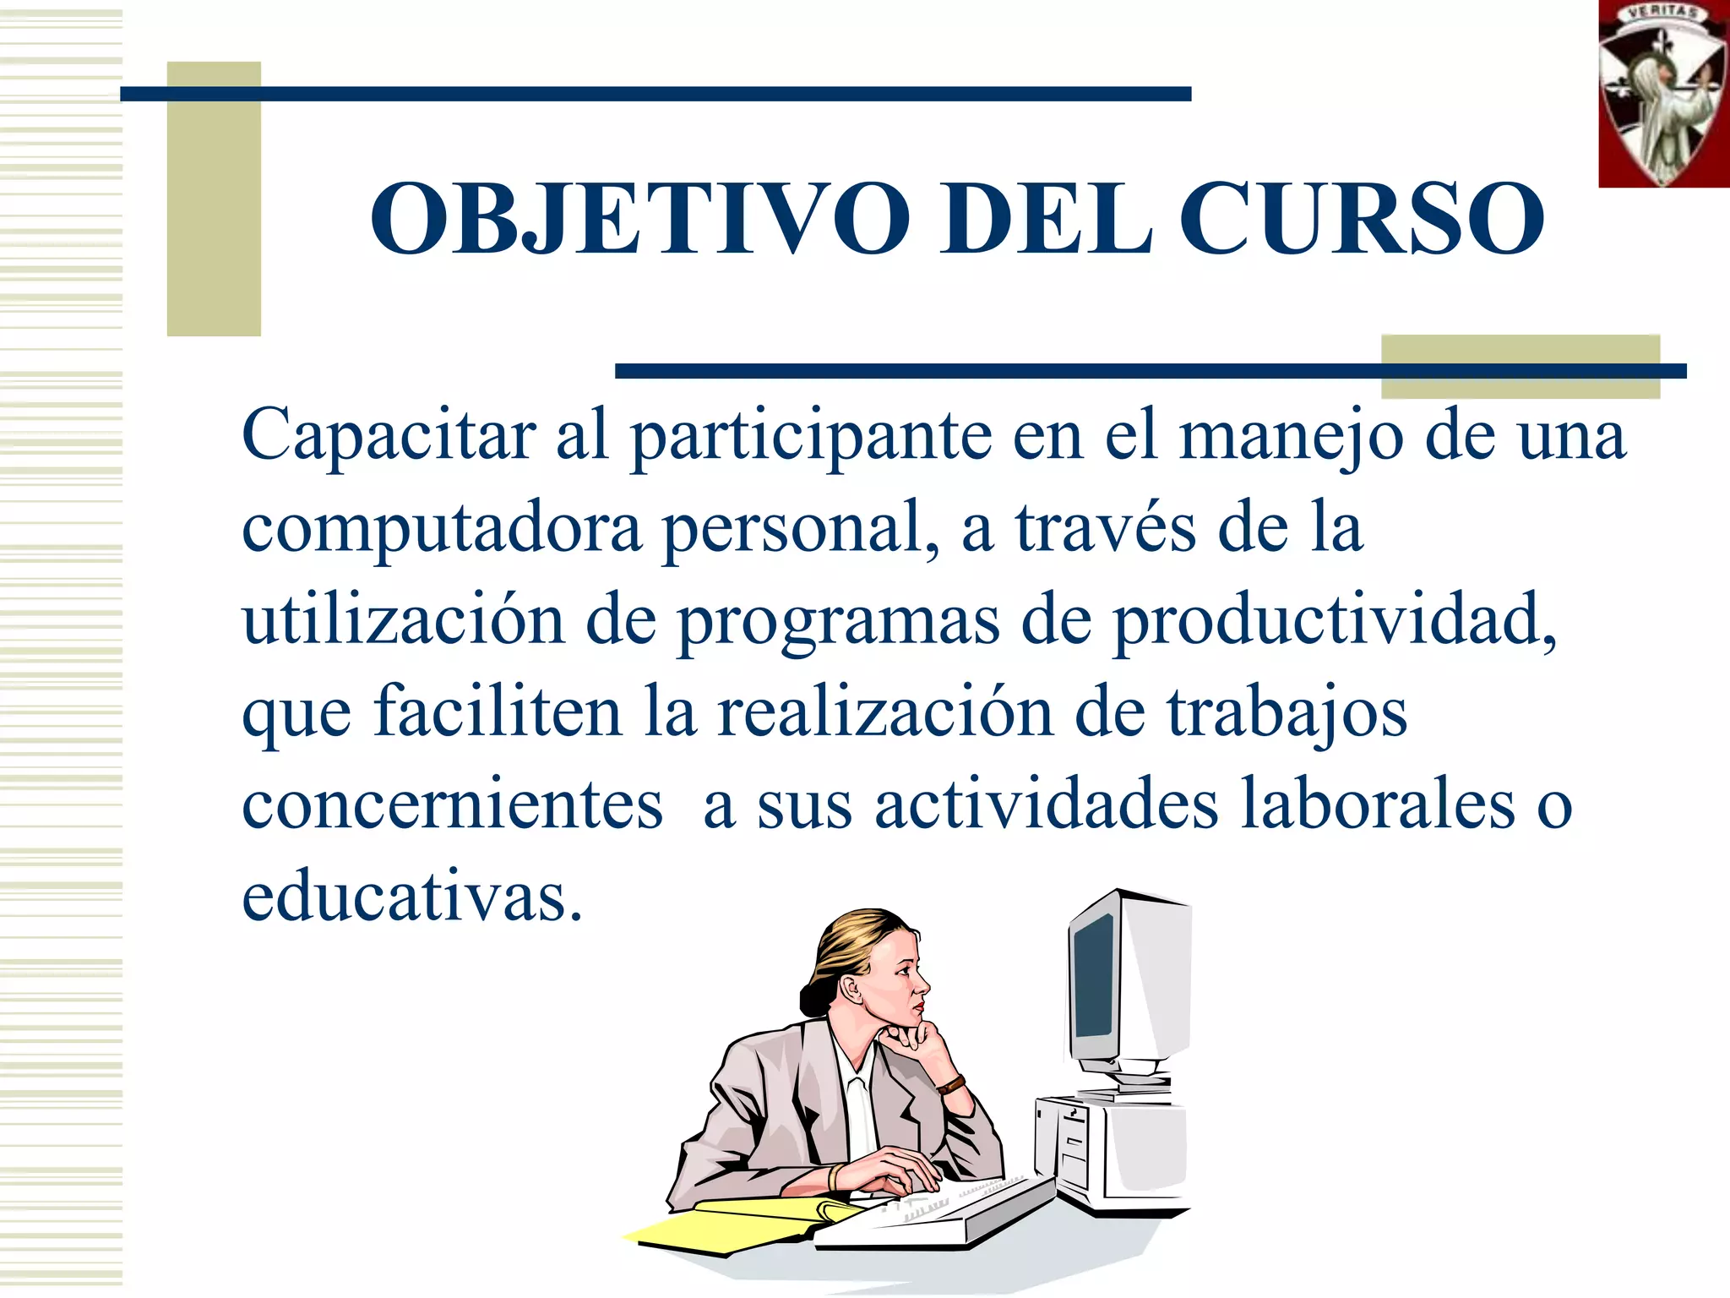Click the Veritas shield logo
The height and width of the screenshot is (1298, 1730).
pos(1662,93)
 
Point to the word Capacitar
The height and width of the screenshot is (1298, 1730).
pos(389,435)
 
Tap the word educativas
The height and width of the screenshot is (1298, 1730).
pos(411,897)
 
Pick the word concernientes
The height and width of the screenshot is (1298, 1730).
pos(452,804)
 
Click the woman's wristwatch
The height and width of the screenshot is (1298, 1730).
pos(952,1084)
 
